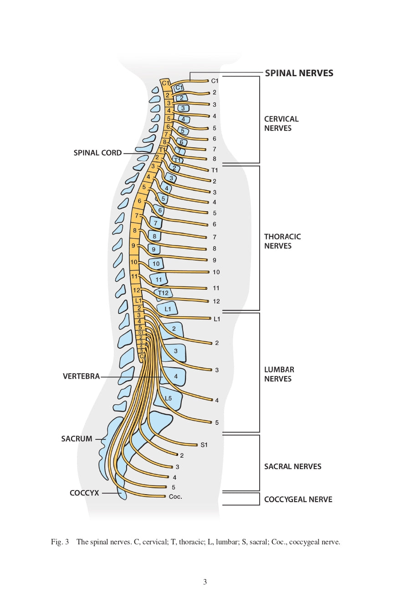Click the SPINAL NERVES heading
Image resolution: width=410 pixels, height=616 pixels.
pos(299,73)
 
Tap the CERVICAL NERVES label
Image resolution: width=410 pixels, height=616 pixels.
pos(281,124)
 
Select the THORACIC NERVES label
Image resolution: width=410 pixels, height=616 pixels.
pos(282,241)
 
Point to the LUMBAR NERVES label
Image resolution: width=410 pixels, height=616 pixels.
pos(279,374)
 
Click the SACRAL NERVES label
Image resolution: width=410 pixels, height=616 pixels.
pos(292,466)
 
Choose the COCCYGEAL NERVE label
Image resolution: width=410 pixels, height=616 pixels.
pos(298,499)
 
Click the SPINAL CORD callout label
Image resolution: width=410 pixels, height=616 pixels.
pos(97,153)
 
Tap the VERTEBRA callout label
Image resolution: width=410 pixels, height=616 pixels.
pos(81,376)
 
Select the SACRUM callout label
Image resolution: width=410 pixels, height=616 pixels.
pos(77,439)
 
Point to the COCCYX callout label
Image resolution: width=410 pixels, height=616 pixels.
pos(84,493)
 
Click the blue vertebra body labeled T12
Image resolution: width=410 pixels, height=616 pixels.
pos(164,293)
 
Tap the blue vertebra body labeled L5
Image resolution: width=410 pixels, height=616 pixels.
pos(169,398)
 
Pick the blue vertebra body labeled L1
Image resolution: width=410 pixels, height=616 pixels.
pos(168,309)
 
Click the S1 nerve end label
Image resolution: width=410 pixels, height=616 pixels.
pos(204,445)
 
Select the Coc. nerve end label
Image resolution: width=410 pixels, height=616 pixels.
pos(175,496)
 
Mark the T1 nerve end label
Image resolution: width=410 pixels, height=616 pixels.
pos(215,170)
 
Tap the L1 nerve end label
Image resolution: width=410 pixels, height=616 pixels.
pos(217,319)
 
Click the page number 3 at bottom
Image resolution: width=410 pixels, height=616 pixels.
pos(205,582)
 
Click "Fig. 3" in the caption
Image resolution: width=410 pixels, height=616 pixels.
pos(60,542)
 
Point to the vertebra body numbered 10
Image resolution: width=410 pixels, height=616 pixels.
pos(156,264)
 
